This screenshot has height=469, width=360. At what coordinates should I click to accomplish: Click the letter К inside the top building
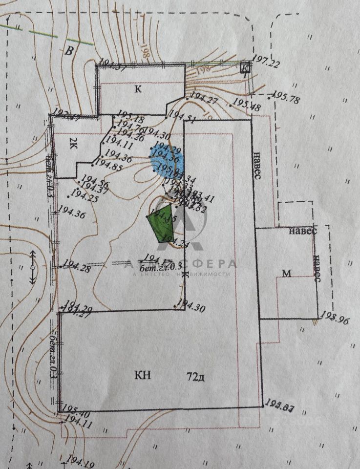[138, 89]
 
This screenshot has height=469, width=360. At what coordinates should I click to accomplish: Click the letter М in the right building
[287, 274]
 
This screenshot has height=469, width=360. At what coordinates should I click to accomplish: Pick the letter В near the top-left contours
[71, 51]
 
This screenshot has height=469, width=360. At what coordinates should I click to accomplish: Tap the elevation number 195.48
[247, 104]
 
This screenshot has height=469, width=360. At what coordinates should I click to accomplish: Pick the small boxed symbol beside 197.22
[246, 68]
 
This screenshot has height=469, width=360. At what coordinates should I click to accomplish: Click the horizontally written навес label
[302, 230]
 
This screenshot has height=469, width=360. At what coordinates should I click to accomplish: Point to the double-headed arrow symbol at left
[32, 267]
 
